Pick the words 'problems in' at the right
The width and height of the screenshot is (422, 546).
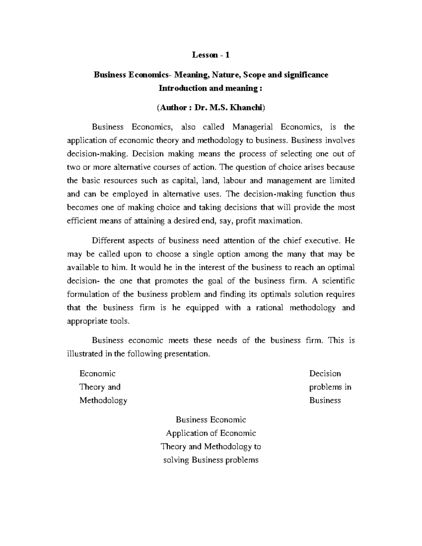(x=330, y=387)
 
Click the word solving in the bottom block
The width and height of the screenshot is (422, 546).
(x=176, y=460)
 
